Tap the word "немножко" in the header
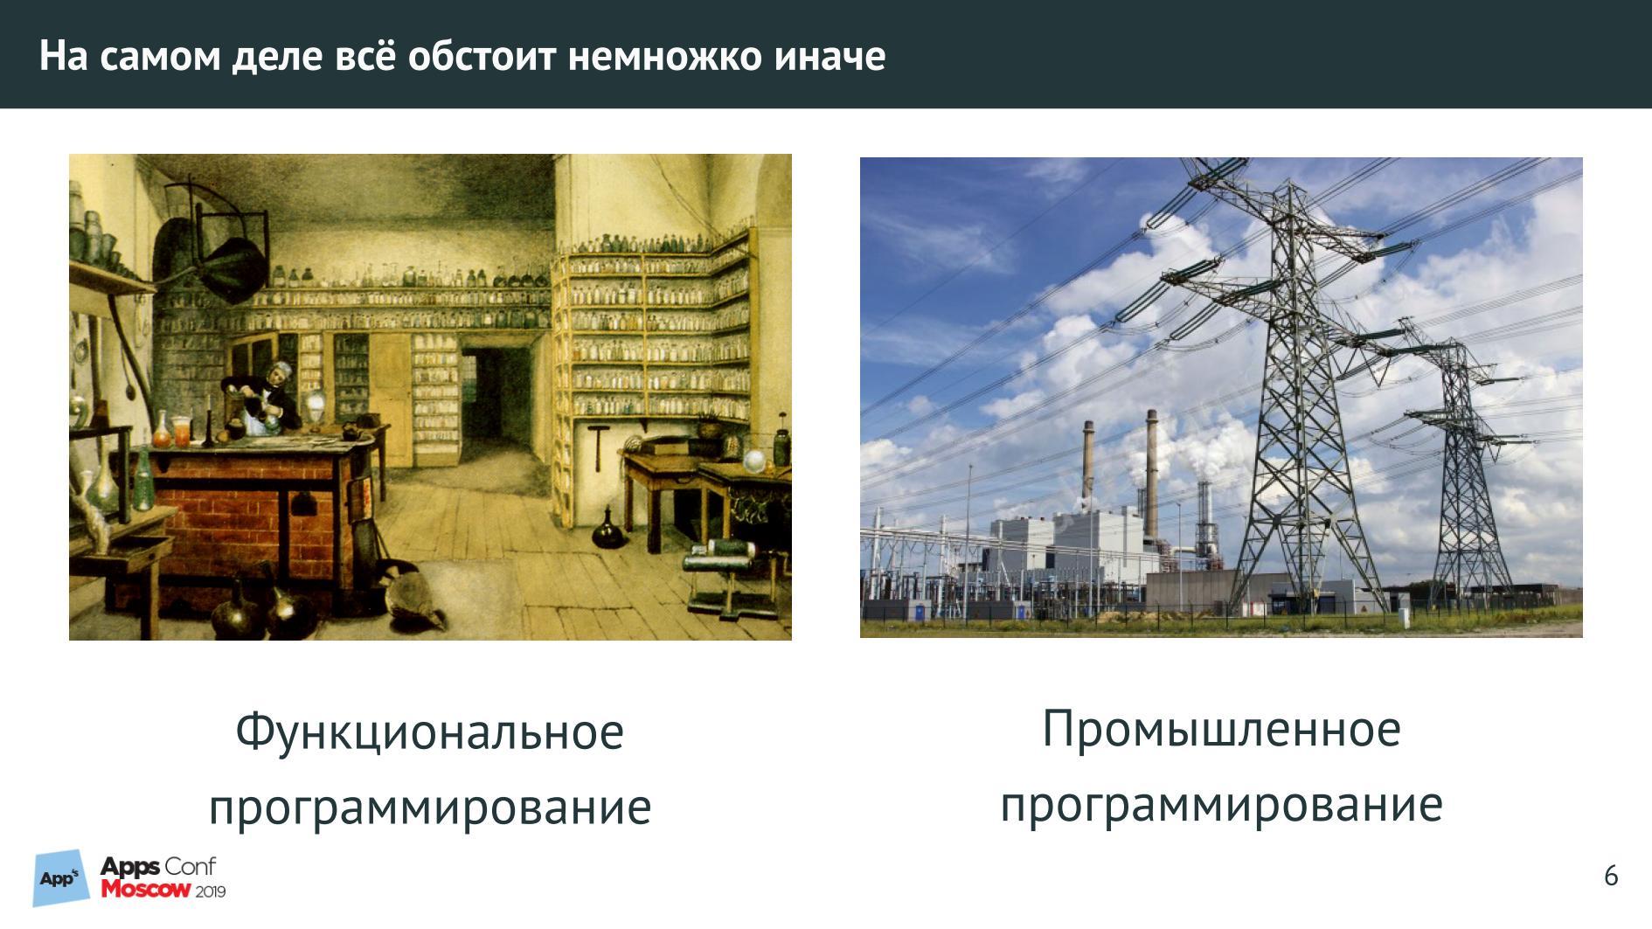tap(665, 57)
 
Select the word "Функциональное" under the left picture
tap(429, 731)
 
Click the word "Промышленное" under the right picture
tap(1221, 728)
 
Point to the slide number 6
tap(1611, 876)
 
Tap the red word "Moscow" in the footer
tap(145, 890)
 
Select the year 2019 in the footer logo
tap(211, 891)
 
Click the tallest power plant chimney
tap(1151, 472)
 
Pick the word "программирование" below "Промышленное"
tap(1221, 804)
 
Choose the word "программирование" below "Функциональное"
tap(429, 807)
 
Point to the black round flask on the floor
tap(608, 530)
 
